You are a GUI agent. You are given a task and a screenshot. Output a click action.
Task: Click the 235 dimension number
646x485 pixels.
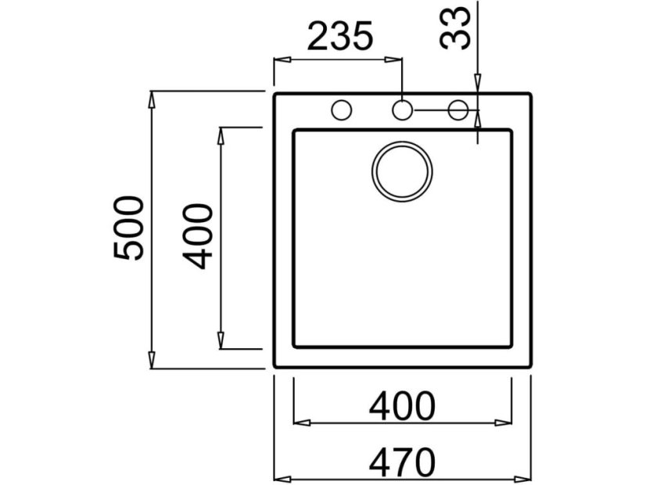(x=338, y=37)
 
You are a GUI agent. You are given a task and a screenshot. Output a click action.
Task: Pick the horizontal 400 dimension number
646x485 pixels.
(x=402, y=406)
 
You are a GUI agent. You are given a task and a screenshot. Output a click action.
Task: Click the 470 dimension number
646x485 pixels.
(x=402, y=462)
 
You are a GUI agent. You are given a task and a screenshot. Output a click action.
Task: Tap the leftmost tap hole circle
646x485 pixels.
(x=341, y=110)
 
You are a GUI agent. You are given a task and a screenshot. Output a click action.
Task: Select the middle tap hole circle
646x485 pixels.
(x=401, y=110)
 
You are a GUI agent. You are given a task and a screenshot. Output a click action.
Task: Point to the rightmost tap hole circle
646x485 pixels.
(x=458, y=110)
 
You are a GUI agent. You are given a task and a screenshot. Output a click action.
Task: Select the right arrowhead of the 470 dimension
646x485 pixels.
(x=523, y=477)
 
